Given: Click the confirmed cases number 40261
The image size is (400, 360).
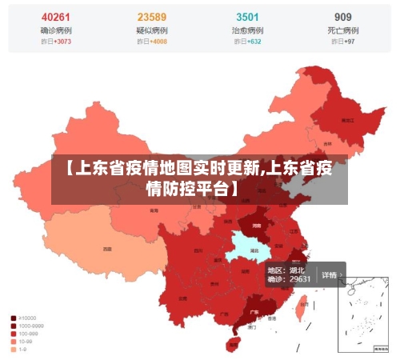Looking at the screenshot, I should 55,17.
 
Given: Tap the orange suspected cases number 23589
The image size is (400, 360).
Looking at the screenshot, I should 152,17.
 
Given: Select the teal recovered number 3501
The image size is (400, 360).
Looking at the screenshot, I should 247,17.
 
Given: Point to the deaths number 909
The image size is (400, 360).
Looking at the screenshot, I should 342,17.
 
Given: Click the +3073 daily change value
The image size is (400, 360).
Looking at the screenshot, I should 60,42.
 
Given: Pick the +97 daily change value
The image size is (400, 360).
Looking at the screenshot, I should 348,42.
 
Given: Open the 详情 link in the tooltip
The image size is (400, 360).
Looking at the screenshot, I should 331,274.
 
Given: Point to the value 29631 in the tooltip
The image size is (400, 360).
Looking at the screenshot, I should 299,279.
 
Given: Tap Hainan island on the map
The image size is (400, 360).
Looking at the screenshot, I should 233,345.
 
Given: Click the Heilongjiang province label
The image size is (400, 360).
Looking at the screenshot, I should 347,120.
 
